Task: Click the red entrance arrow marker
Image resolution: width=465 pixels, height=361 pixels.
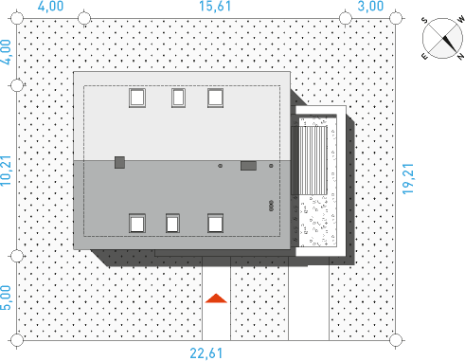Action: click(x=216, y=298)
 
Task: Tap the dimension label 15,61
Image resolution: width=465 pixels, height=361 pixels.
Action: click(x=215, y=7)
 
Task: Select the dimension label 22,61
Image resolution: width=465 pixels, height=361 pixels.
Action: click(x=206, y=353)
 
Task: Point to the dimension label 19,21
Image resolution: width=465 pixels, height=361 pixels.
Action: click(x=408, y=178)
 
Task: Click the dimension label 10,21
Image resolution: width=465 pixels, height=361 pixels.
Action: click(x=6, y=171)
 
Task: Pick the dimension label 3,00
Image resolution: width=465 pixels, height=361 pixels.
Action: click(x=370, y=7)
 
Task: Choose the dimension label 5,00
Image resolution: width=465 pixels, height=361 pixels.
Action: click(x=6, y=298)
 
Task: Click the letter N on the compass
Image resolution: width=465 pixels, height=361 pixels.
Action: click(x=461, y=56)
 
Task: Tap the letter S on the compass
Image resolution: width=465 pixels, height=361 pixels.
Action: click(x=424, y=21)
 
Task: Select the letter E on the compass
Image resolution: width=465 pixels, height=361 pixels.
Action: click(x=424, y=56)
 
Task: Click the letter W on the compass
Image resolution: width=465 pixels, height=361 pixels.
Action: click(x=461, y=20)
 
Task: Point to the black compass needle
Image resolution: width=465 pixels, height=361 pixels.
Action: click(x=450, y=44)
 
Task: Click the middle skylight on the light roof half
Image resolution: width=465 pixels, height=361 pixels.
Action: click(x=178, y=98)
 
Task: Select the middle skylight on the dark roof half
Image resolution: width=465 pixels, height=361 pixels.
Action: click(x=172, y=223)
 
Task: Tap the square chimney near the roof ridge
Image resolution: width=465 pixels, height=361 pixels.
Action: click(x=119, y=162)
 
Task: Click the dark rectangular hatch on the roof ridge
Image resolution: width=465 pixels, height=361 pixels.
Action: click(x=248, y=166)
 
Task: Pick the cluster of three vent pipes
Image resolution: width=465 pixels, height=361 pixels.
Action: click(x=271, y=206)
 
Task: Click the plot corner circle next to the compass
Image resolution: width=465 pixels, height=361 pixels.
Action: click(x=396, y=18)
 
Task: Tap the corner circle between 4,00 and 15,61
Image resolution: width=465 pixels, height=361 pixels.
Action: click(x=84, y=18)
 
